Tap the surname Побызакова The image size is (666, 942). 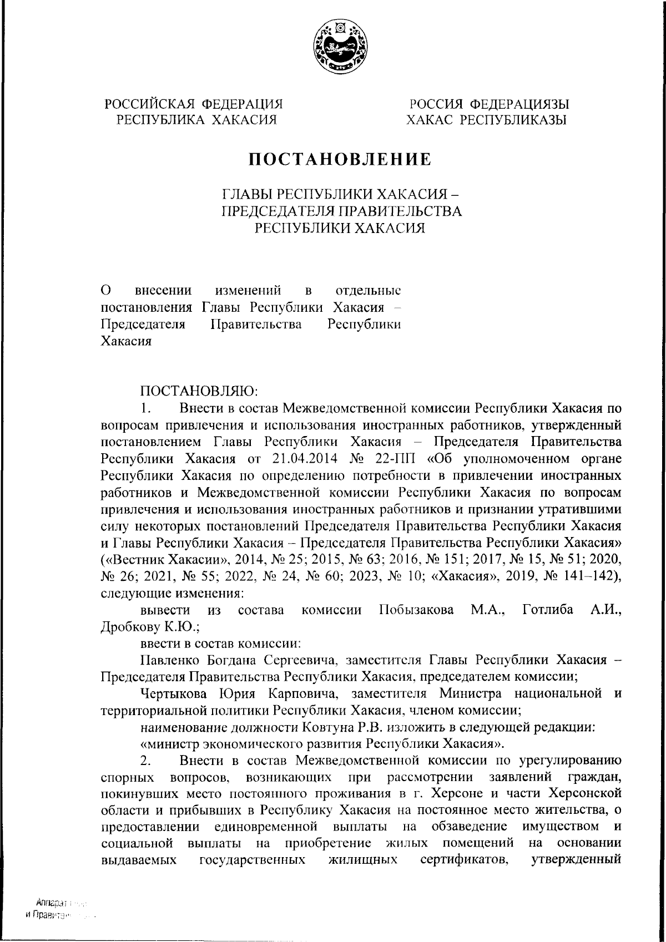point(416,610)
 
